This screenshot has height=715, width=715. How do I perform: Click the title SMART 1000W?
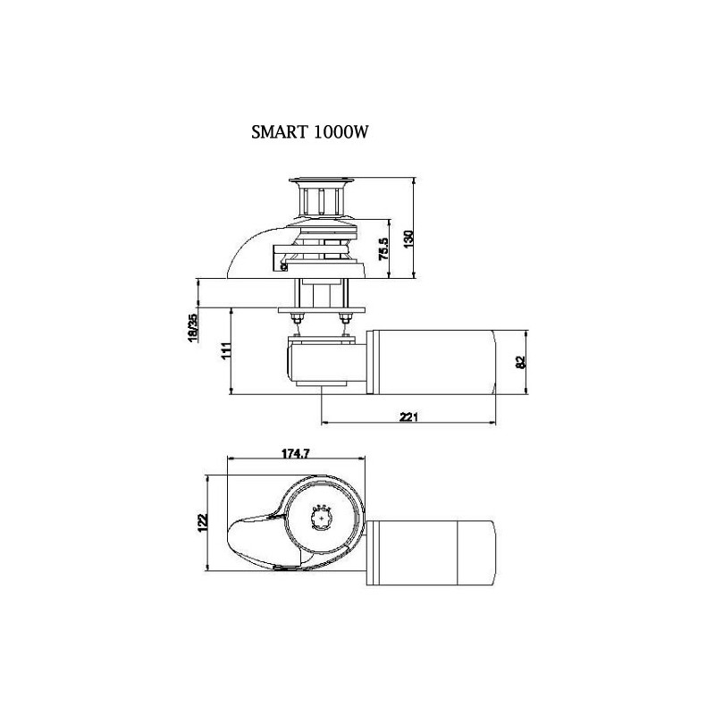(309, 132)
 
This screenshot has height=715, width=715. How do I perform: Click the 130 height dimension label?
(409, 239)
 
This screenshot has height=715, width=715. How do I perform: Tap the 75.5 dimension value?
(384, 248)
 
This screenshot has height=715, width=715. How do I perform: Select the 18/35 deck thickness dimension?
(193, 327)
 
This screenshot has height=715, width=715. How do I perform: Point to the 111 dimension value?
(227, 351)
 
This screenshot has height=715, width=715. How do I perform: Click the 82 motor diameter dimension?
(521, 362)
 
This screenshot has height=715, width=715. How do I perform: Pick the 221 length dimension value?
(408, 416)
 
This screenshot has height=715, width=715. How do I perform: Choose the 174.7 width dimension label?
(296, 454)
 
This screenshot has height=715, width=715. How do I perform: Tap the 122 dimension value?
(203, 523)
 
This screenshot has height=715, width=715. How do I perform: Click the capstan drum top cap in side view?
(319, 181)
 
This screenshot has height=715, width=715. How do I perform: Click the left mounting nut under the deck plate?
(297, 317)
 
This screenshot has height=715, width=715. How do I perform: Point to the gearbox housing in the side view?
(325, 363)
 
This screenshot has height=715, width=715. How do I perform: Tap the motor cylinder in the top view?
(432, 552)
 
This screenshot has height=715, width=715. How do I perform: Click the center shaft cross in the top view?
(324, 519)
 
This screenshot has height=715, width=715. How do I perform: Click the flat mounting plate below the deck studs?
(322, 310)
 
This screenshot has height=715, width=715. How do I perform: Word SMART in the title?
(279, 132)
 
